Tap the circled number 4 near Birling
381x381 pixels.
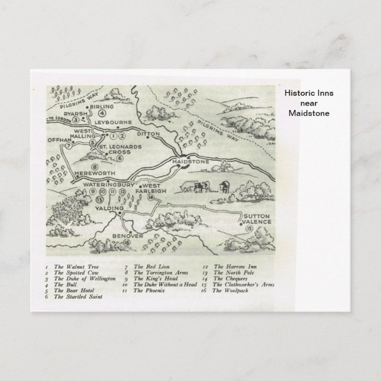point(102,112)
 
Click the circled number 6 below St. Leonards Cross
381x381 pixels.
point(120,158)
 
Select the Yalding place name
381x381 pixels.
point(111,208)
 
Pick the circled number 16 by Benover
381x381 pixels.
point(127,241)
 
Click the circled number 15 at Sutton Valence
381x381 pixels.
point(248,228)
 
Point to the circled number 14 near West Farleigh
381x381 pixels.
point(151,198)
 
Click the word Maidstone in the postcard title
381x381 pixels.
point(309,113)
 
